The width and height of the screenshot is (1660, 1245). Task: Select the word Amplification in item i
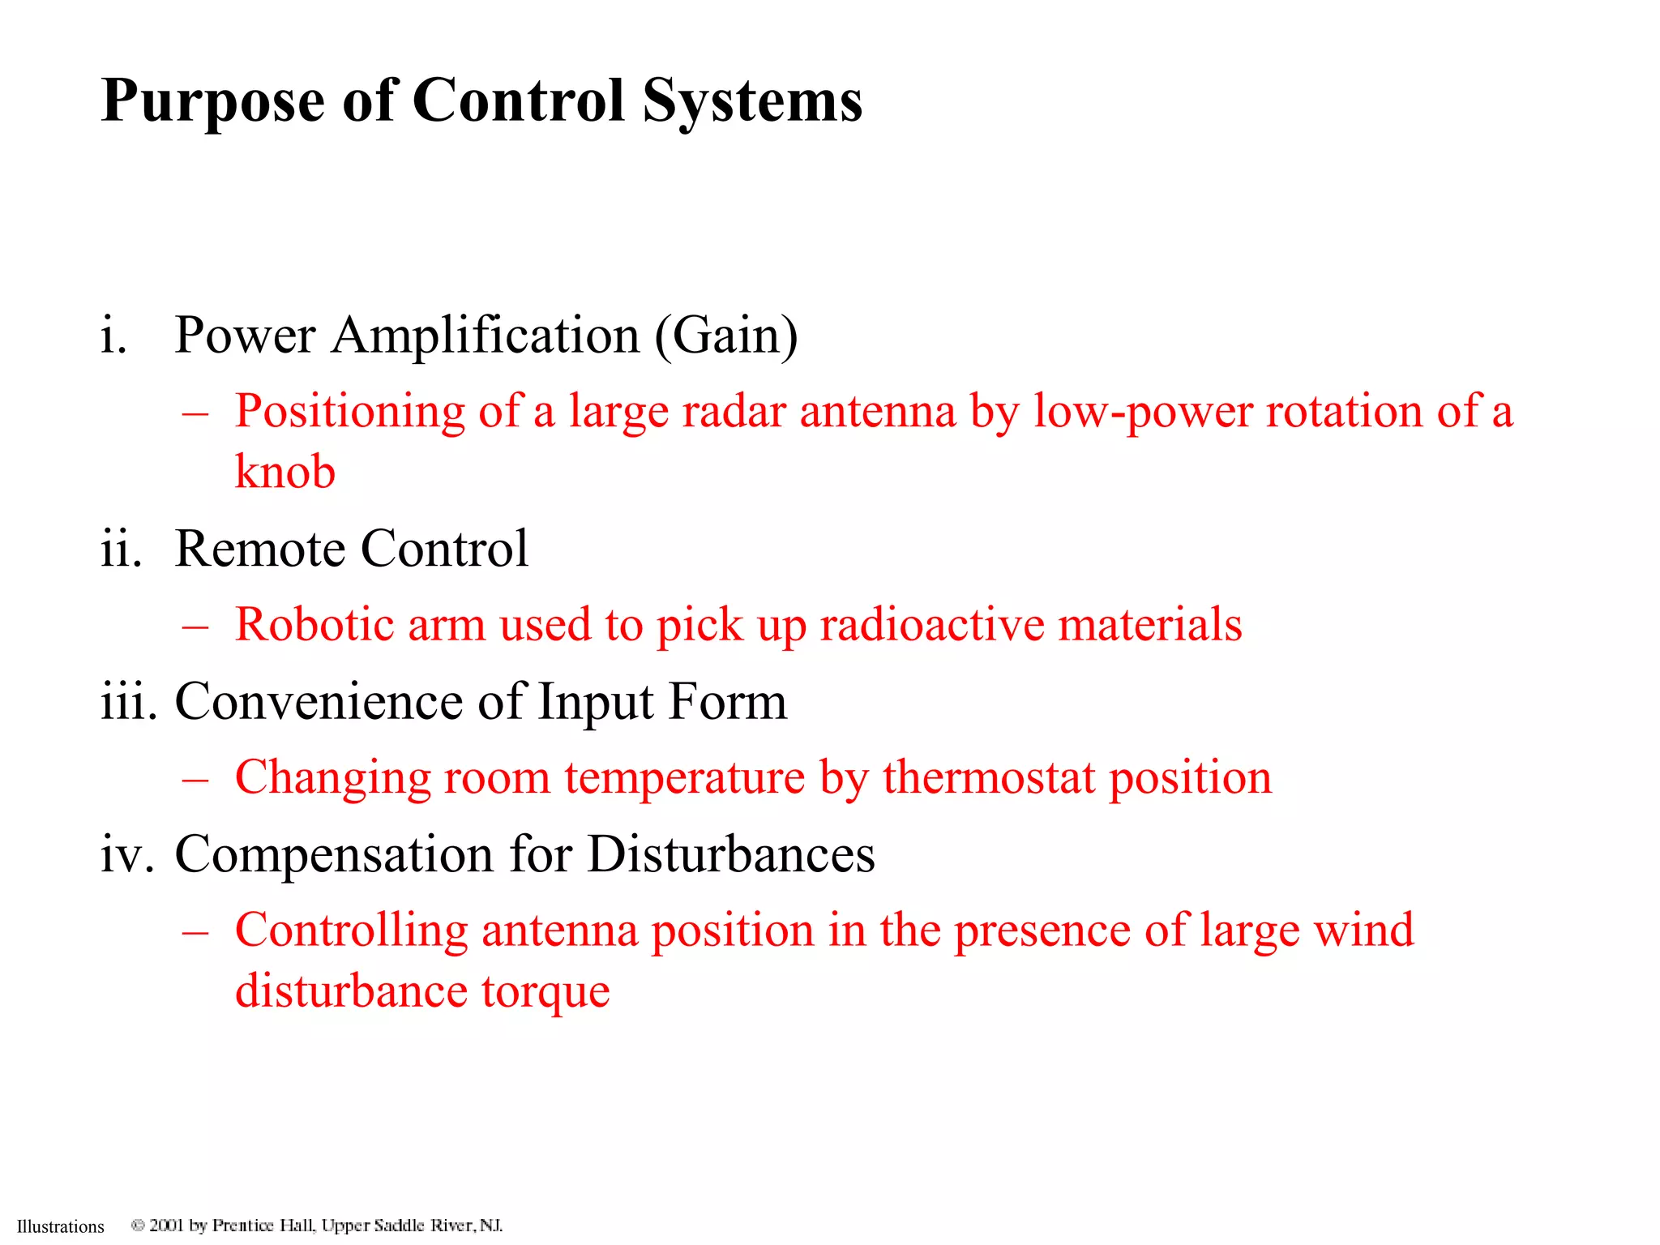click(x=486, y=335)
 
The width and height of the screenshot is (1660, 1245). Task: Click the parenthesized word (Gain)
click(x=726, y=335)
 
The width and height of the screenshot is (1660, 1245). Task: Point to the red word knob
click(x=285, y=472)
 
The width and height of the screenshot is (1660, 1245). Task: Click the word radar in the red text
click(x=734, y=411)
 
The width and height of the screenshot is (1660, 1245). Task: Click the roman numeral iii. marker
click(x=129, y=701)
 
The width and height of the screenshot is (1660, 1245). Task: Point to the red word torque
click(x=545, y=992)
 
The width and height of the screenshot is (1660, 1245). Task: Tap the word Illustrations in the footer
click(x=61, y=1226)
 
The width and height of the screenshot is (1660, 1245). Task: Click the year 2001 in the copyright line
click(x=166, y=1226)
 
